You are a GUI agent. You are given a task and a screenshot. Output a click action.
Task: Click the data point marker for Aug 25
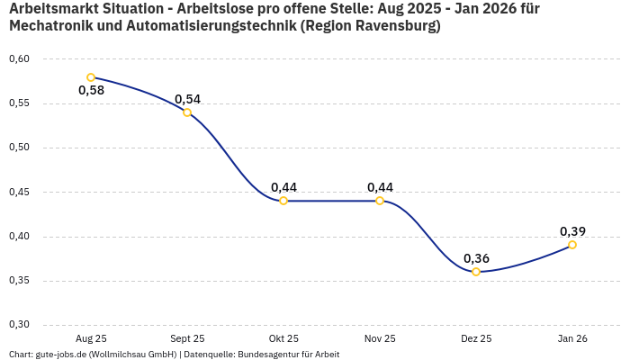[91, 77]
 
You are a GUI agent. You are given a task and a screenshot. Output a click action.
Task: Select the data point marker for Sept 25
[187, 112]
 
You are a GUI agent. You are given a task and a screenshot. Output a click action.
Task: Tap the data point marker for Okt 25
[283, 201]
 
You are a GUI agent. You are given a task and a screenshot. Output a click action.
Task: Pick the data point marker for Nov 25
[380, 201]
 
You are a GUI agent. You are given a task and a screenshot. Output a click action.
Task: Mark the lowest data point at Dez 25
[476, 272]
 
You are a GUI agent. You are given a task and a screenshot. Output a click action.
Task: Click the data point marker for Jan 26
[572, 245]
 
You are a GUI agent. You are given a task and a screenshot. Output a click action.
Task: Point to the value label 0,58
[91, 90]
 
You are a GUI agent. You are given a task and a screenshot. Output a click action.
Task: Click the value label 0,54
[187, 99]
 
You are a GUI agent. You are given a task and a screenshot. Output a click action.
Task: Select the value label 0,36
[476, 258]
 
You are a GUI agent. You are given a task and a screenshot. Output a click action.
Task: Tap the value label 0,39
[572, 231]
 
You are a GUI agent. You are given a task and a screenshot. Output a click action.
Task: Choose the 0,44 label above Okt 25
[283, 187]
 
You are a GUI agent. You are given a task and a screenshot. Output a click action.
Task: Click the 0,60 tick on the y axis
[19, 59]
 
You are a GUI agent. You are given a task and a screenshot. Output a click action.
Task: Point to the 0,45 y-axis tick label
[19, 192]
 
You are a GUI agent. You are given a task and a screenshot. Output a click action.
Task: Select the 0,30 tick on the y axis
[19, 325]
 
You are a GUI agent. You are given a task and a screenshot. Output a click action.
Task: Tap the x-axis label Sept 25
[187, 338]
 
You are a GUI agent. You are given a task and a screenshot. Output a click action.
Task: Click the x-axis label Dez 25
[476, 338]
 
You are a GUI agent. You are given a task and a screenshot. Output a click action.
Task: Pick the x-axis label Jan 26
[572, 338]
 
